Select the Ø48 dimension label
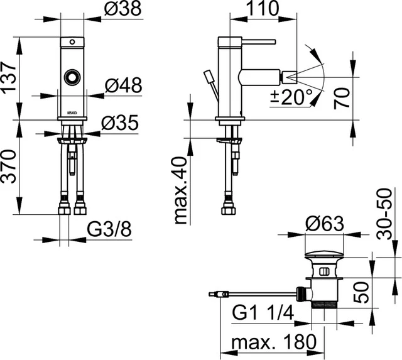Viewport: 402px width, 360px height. click(x=124, y=85)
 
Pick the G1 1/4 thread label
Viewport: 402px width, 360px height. click(x=263, y=312)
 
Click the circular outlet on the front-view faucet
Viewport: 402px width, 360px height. click(x=72, y=79)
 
